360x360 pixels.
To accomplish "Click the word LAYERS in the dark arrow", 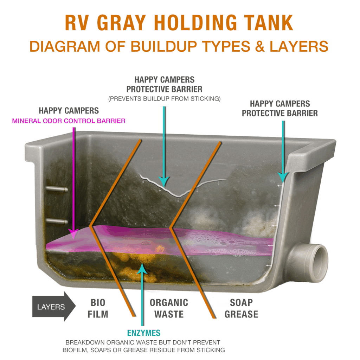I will [x=51, y=307].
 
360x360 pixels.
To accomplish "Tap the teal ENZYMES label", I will [x=143, y=333].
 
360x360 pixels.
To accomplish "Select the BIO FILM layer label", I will [x=98, y=308].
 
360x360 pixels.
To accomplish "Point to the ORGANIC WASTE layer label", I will [x=169, y=308].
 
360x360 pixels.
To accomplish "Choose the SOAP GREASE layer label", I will [x=241, y=308].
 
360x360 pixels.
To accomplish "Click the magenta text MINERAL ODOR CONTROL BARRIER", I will [x=69, y=121].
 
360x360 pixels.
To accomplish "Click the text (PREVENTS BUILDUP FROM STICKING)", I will [x=165, y=99].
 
